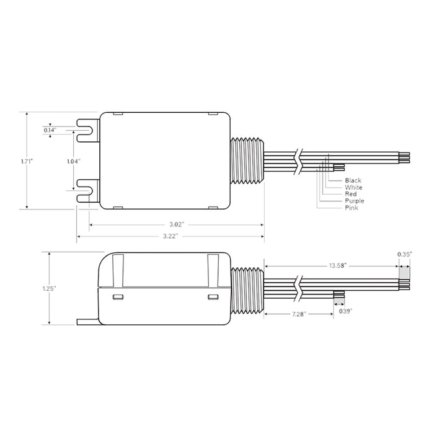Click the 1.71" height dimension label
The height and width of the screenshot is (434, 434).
pos(26,161)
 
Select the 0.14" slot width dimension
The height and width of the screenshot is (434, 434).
pos(50,130)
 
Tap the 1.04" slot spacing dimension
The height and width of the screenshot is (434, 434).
pos(74,161)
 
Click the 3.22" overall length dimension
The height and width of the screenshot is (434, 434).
pos(169,236)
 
